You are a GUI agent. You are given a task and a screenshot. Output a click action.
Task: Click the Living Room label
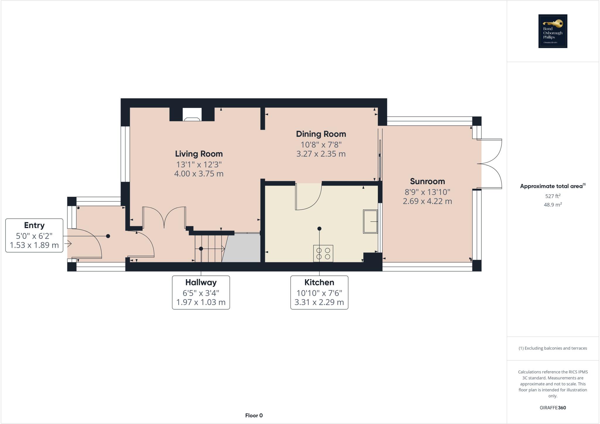199,154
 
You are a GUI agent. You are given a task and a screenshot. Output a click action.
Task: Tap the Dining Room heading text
321,134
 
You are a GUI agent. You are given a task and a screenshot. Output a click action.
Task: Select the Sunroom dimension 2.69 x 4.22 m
427,201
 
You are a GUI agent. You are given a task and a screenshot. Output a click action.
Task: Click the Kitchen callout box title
319,282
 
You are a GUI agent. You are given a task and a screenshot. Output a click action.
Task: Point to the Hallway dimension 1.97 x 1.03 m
201,302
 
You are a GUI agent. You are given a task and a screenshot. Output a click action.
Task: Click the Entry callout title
34,225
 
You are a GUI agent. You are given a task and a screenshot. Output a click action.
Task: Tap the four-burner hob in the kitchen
323,253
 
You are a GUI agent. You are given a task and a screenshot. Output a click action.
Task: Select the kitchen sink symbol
370,221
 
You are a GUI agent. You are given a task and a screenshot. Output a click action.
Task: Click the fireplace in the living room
192,115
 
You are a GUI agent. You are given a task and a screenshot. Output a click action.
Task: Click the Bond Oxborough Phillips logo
553,31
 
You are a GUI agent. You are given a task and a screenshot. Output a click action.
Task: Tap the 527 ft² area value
553,196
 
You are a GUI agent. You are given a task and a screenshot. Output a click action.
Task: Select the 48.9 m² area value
553,205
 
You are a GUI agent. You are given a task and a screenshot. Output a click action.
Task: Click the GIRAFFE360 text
553,408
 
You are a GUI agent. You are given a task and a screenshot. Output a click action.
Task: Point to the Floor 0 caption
254,415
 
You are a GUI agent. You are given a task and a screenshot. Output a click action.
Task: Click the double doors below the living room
164,217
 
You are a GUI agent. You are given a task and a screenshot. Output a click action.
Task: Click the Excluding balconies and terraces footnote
553,348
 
